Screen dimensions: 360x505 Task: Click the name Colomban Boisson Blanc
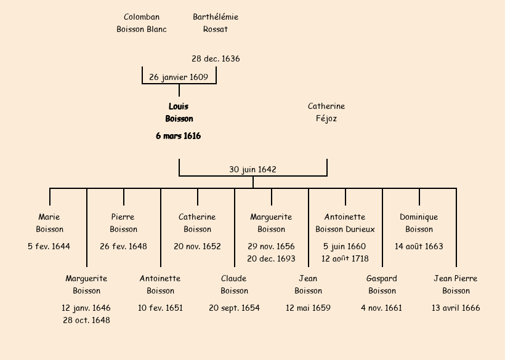pyautogui.click(x=142, y=23)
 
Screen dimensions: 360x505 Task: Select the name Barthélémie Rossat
pyautogui.click(x=216, y=23)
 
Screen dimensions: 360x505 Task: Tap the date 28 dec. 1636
pyautogui.click(x=216, y=59)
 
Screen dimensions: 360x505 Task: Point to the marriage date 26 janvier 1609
pyautogui.click(x=179, y=78)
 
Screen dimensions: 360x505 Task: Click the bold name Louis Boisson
pyautogui.click(x=179, y=113)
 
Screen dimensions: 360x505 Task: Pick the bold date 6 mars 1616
pyautogui.click(x=179, y=136)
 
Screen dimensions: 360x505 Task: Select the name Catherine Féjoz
pyautogui.click(x=326, y=113)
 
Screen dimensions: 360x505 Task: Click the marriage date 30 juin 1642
pyautogui.click(x=252, y=169)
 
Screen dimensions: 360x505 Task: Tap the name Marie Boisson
pyautogui.click(x=49, y=223)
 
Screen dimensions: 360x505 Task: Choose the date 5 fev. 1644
pyautogui.click(x=49, y=247)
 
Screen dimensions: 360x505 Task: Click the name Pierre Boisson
pyautogui.click(x=123, y=223)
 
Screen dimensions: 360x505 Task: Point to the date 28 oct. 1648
pyautogui.click(x=86, y=320)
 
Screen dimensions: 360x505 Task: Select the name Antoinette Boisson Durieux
pyautogui.click(x=345, y=223)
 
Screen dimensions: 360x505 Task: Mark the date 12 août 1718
pyautogui.click(x=345, y=258)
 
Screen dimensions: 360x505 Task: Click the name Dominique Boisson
pyautogui.click(x=419, y=223)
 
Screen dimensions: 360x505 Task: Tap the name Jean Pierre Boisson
pyautogui.click(x=456, y=285)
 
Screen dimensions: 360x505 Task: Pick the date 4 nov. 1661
pyautogui.click(x=382, y=308)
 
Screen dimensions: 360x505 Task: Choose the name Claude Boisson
pyautogui.click(x=234, y=285)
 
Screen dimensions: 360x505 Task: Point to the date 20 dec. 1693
pyautogui.click(x=271, y=258)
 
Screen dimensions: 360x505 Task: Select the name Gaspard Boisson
pyautogui.click(x=382, y=285)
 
